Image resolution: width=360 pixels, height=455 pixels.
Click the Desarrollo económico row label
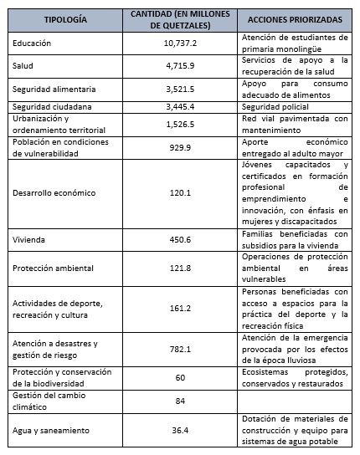(54, 192)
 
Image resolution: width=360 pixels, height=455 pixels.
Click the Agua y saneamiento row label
(53, 430)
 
